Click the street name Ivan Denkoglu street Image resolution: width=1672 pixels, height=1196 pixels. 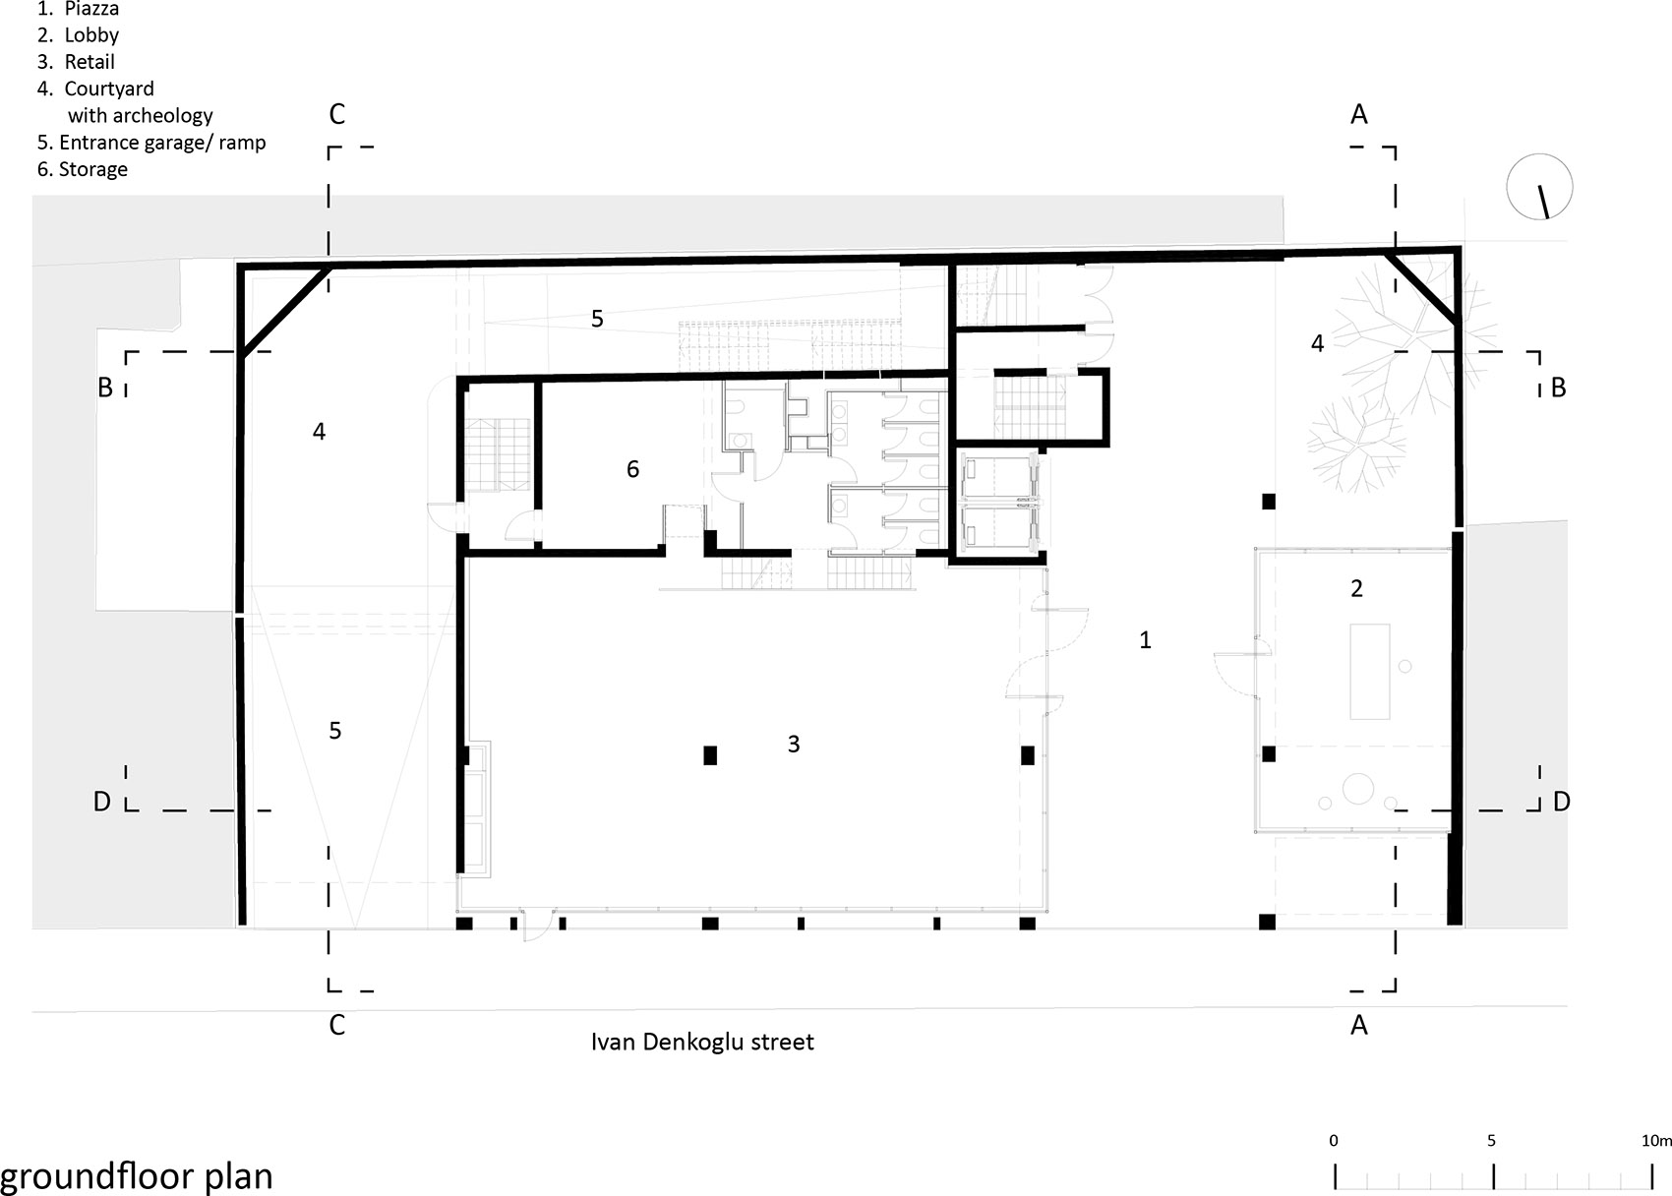pyautogui.click(x=701, y=1042)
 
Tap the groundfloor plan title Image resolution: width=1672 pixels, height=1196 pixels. pyautogui.click(x=137, y=1175)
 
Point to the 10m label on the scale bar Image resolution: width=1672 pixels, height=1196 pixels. pyautogui.click(x=1656, y=1140)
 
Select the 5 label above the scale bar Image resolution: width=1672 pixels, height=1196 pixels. pyautogui.click(x=1491, y=1140)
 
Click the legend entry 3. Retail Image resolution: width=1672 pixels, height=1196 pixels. pyautogui.click(x=76, y=61)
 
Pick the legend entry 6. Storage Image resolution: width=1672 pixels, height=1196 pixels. pyautogui.click(x=82, y=169)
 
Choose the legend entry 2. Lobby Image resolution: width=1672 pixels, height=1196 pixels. pyautogui.click(x=79, y=34)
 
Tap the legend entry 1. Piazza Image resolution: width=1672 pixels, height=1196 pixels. pyautogui.click(x=79, y=8)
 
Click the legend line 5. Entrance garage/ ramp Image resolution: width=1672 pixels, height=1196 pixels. pyautogui.click(x=151, y=142)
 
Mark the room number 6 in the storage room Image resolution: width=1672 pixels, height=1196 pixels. pyautogui.click(x=633, y=469)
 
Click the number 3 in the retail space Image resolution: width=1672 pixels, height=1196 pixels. pyautogui.click(x=794, y=744)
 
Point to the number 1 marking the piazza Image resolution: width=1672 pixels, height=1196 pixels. pyautogui.click(x=1145, y=640)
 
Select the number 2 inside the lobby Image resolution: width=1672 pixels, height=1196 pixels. pyautogui.click(x=1357, y=588)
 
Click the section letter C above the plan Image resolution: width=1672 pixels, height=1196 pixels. pyautogui.click(x=336, y=114)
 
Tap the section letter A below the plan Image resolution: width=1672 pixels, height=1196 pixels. pyautogui.click(x=1359, y=1025)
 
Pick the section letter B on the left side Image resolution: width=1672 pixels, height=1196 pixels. pyautogui.click(x=105, y=388)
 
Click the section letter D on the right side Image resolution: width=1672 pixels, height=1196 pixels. pyautogui.click(x=1562, y=802)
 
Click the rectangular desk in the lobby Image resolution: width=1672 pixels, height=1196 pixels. pyautogui.click(x=1370, y=671)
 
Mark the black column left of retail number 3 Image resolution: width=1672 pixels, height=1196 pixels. pyautogui.click(x=710, y=755)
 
